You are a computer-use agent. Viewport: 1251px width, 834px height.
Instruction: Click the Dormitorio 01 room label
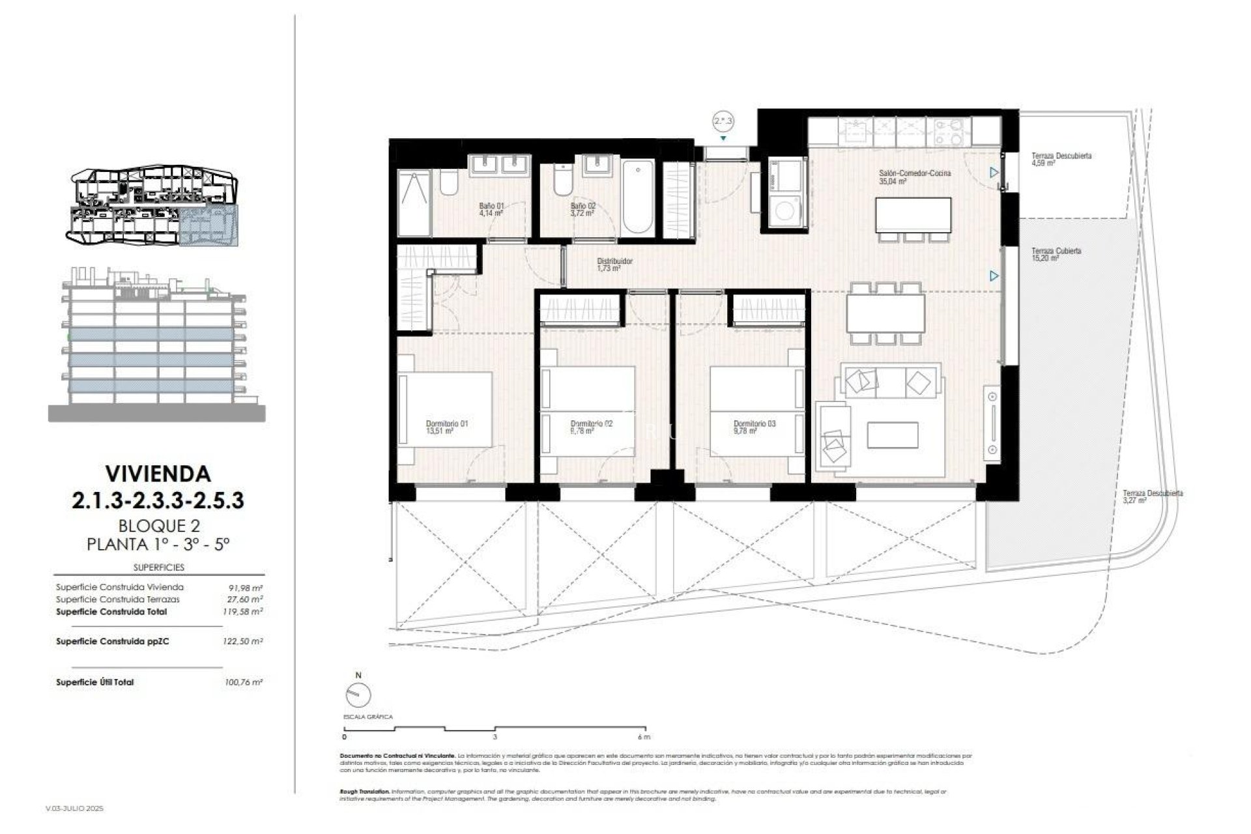click(446, 424)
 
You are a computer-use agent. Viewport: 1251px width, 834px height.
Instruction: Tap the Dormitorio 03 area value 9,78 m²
click(744, 431)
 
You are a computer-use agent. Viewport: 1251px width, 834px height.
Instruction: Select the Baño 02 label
click(582, 206)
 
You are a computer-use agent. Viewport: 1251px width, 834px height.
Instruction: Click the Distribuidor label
click(614, 261)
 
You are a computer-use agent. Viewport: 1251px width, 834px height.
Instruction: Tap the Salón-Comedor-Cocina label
click(915, 173)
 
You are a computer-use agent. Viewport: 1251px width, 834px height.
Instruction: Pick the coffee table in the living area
click(892, 435)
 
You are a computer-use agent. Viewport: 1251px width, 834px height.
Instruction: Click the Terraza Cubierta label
click(1056, 251)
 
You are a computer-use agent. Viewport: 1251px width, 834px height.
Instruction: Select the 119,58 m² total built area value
click(242, 612)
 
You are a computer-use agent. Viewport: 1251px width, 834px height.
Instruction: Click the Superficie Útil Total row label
click(95, 682)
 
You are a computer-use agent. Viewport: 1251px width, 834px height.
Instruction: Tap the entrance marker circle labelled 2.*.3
click(723, 121)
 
